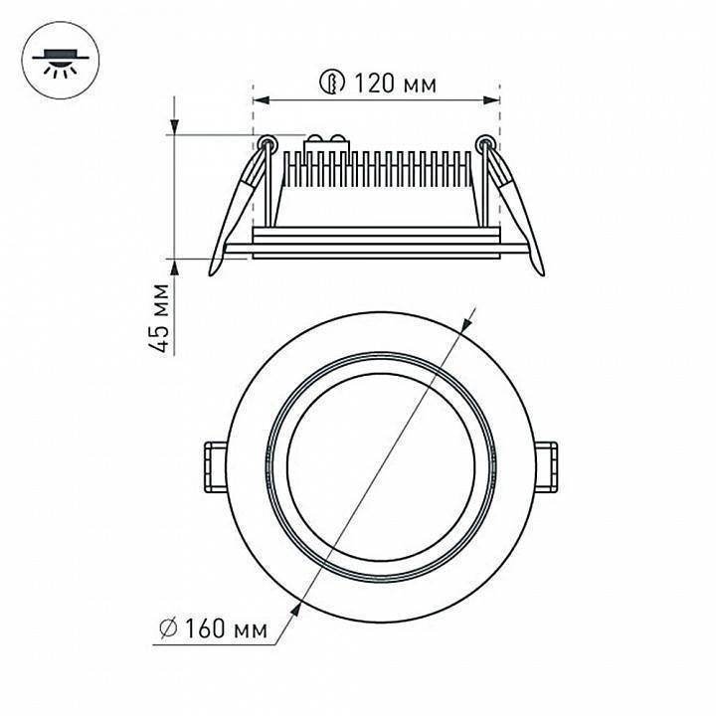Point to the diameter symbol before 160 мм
[x=168, y=628]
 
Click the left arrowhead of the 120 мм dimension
[x=260, y=99]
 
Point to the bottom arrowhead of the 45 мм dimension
[x=175, y=256]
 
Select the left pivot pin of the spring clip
[x=267, y=142]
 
